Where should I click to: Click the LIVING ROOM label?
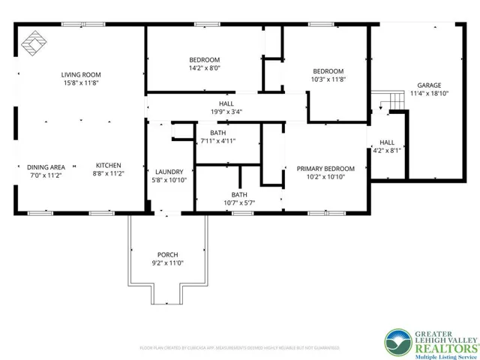[81, 74]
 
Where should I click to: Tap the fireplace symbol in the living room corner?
[33, 43]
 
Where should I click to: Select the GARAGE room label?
[429, 85]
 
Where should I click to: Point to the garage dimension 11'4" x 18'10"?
[429, 94]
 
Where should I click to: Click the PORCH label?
[167, 254]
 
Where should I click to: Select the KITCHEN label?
[108, 166]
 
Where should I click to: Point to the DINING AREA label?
[46, 166]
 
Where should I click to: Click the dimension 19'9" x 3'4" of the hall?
[226, 112]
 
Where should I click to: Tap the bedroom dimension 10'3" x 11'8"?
[328, 79]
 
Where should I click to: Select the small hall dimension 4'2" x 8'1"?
[387, 150]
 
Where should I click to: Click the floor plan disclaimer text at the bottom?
[239, 348]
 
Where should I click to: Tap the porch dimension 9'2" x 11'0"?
[167, 263]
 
